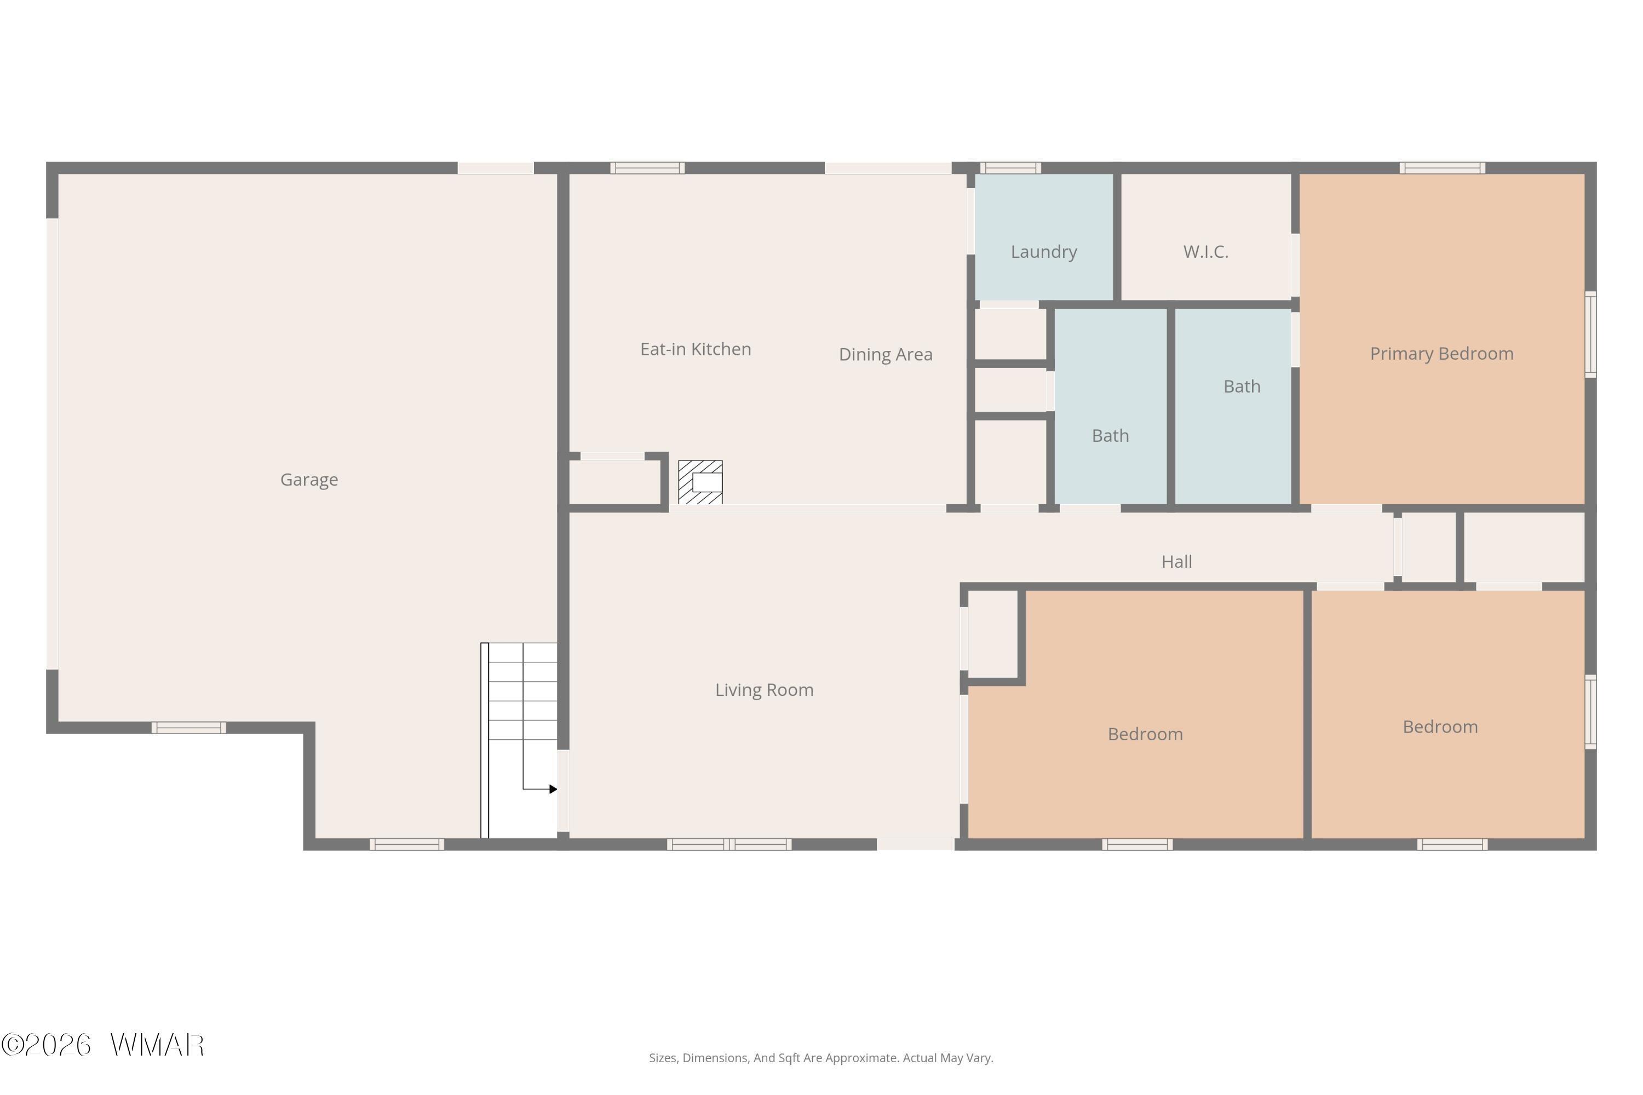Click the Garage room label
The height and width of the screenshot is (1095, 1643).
(x=309, y=480)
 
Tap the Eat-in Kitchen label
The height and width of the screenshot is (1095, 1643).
(x=696, y=349)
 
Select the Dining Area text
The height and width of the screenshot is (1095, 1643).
(x=886, y=355)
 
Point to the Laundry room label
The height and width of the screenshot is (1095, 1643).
(x=1044, y=252)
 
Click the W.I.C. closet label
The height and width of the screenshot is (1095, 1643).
(x=1206, y=252)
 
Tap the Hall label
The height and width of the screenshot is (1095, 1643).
(x=1176, y=562)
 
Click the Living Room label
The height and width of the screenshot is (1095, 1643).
(x=764, y=690)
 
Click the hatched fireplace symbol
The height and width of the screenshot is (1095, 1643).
(x=700, y=482)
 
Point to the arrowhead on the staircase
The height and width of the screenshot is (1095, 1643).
(x=553, y=789)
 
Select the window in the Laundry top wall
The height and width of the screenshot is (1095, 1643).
(x=1010, y=168)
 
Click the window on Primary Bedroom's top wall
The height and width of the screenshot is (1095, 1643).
(x=1443, y=168)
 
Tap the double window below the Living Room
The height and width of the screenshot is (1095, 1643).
(x=729, y=844)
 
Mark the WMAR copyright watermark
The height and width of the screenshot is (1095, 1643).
(x=103, y=1045)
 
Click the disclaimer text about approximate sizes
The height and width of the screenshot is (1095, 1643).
(x=821, y=1058)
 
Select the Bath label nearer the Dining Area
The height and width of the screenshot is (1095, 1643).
(x=1110, y=436)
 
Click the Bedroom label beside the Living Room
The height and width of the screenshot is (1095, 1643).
(x=1146, y=734)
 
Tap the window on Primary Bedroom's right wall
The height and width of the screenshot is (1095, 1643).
(x=1590, y=335)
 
